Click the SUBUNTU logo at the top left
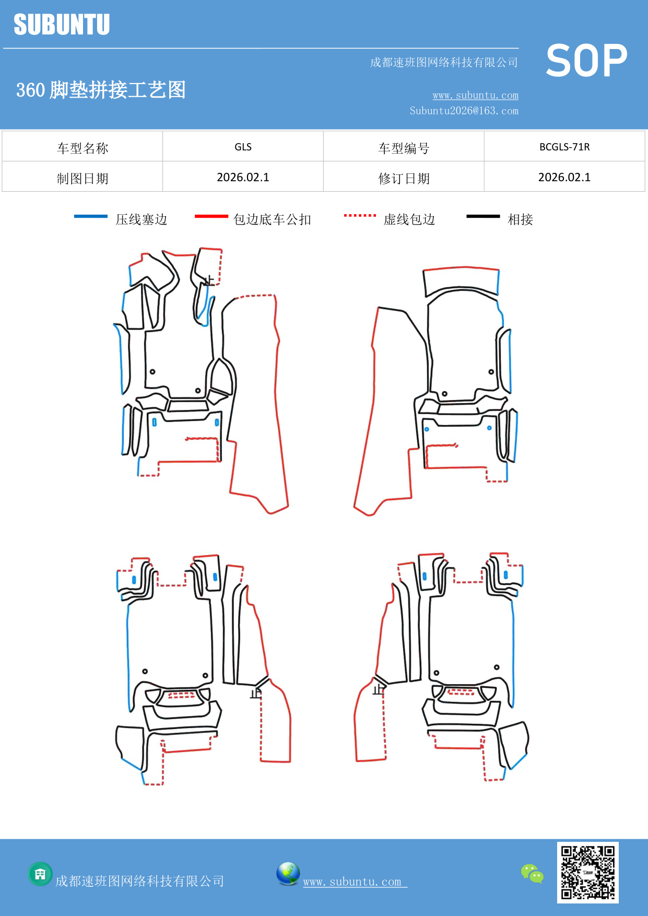tap(62, 25)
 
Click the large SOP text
tap(586, 61)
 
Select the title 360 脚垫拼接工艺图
tap(101, 90)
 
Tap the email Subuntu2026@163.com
tap(464, 111)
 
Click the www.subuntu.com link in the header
tap(475, 95)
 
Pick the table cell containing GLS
tap(243, 147)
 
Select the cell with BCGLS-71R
tap(564, 147)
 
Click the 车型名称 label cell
tap(83, 148)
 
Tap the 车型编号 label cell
tap(404, 148)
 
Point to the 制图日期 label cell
tap(83, 178)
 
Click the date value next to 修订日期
tap(564, 177)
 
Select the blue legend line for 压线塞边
tap(91, 216)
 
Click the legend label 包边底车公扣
tap(272, 219)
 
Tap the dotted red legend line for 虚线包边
tap(360, 215)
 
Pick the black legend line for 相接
tap(483, 216)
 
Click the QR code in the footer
tap(587, 873)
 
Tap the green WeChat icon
tap(532, 874)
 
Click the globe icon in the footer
tap(288, 874)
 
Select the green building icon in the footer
tap(40, 874)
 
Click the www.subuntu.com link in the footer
tap(352, 882)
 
